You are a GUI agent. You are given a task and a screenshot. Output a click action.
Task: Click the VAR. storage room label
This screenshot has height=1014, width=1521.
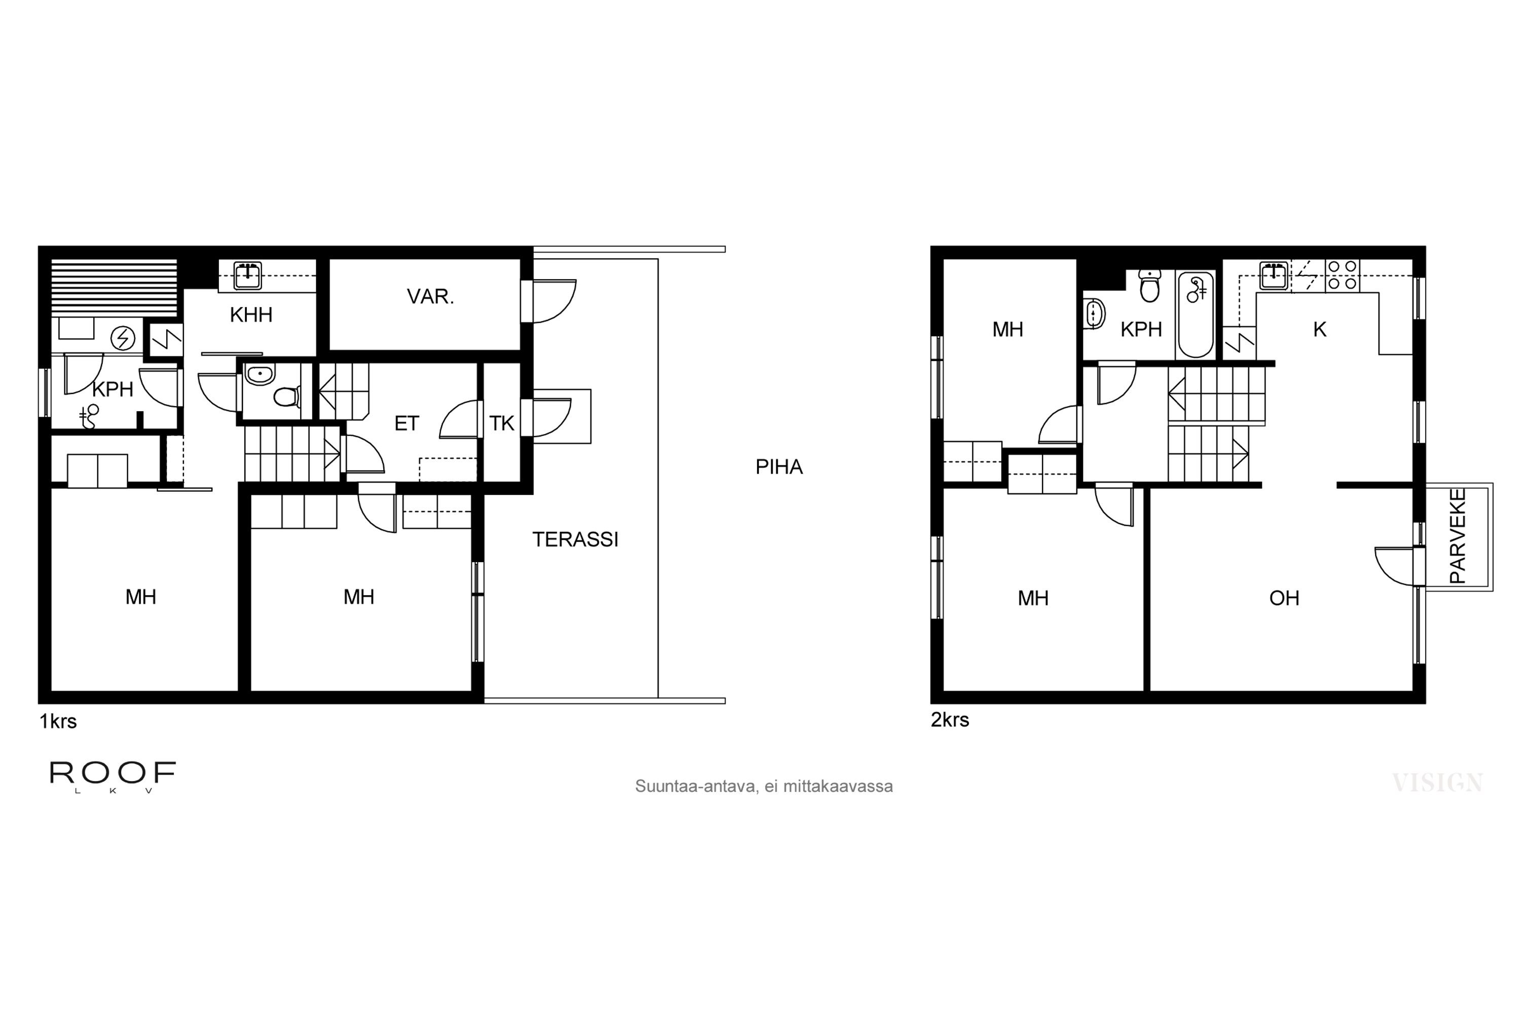(x=430, y=296)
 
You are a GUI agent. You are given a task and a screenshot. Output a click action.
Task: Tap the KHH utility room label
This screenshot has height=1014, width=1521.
(x=251, y=315)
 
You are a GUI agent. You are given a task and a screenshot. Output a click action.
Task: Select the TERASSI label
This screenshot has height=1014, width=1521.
(x=575, y=539)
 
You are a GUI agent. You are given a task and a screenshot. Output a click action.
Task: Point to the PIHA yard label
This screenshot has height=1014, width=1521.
(x=779, y=467)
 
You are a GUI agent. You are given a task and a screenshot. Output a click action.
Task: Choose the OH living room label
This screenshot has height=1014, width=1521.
(x=1284, y=598)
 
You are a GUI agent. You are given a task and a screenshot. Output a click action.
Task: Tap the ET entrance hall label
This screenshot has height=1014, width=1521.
(x=406, y=423)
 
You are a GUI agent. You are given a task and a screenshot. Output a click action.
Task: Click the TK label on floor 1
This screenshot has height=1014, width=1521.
(x=502, y=423)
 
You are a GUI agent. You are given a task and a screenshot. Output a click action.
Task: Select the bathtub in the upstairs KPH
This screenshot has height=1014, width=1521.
(x=1196, y=315)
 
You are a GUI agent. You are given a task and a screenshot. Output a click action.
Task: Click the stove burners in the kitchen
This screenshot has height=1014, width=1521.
(x=1342, y=275)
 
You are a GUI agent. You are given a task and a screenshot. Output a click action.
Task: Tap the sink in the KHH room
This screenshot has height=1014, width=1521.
(x=248, y=275)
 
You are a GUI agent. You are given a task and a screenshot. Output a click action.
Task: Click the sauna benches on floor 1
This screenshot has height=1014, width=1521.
(x=114, y=287)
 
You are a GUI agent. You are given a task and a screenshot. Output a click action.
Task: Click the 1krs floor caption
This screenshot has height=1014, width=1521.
(x=58, y=721)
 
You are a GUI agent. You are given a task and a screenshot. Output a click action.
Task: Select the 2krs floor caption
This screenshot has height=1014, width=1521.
(x=950, y=720)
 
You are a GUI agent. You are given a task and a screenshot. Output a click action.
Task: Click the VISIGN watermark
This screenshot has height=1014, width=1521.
(x=1437, y=783)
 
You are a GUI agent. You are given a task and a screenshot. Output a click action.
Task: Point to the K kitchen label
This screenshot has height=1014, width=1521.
(x=1320, y=330)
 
